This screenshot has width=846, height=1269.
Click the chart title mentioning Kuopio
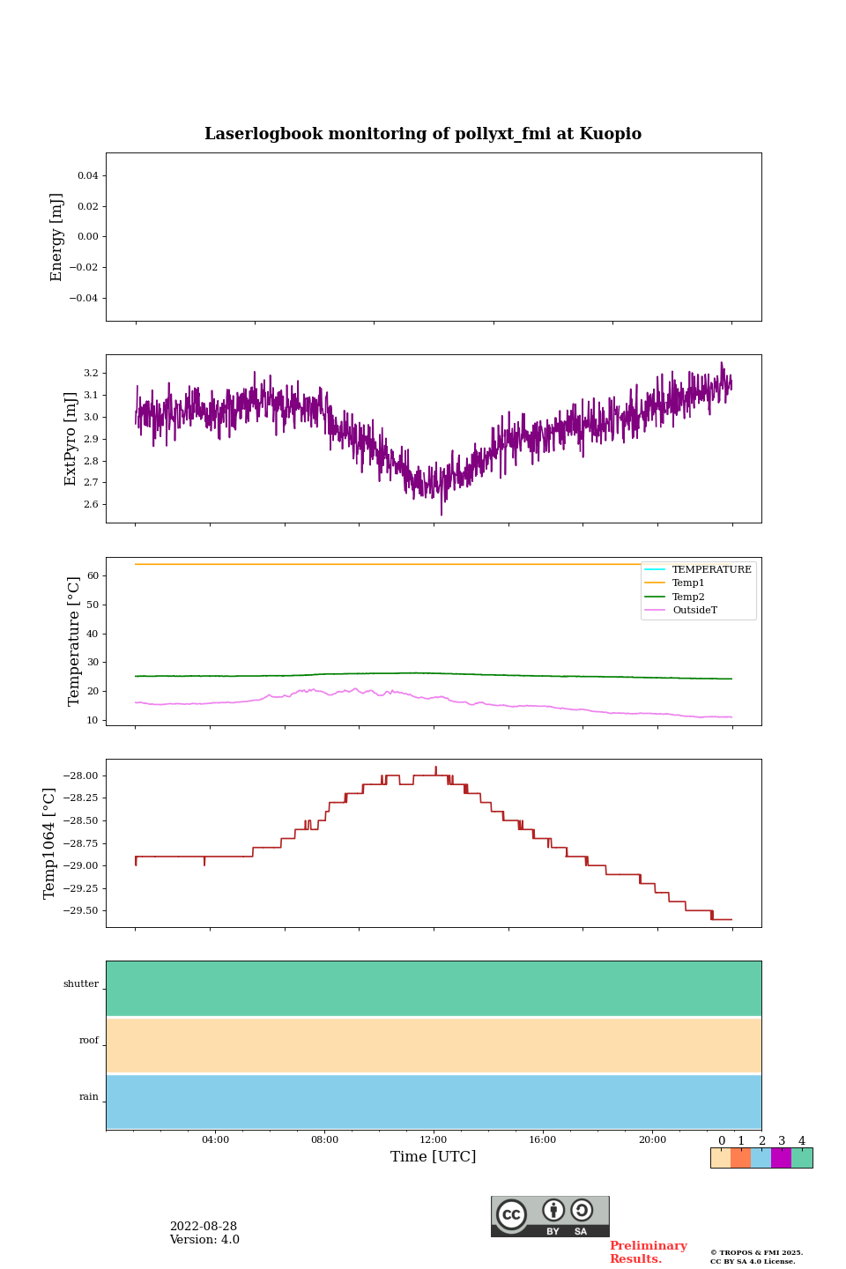423,134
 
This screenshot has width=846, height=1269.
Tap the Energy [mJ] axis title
57,237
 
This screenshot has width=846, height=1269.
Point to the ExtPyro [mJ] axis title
71,439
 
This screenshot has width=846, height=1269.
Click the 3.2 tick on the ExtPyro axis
91,374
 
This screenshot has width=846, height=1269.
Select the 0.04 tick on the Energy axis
87,176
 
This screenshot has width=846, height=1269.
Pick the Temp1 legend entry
688,583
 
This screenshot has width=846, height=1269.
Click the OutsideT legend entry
694,611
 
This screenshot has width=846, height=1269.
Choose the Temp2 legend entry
688,597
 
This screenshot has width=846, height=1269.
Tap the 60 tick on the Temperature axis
93,576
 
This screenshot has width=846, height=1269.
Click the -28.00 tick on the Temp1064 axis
80,776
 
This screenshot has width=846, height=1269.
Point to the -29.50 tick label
80,911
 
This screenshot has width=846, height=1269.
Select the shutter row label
81,984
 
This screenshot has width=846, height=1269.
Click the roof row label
89,1041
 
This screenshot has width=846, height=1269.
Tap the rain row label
89,1097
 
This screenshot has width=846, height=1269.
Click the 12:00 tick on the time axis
434,1140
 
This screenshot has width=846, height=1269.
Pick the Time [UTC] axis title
434,1157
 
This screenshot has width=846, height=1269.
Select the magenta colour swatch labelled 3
781,1158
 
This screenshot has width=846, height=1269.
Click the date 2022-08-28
204,1227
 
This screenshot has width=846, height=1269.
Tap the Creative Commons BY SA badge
550,1216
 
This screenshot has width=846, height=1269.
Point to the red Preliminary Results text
648,1252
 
